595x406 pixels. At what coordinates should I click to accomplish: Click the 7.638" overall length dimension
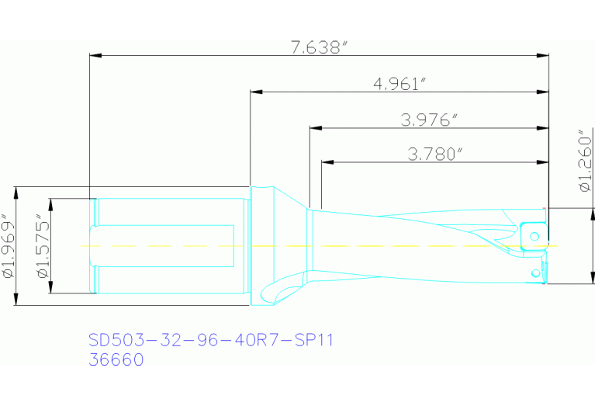[317, 47]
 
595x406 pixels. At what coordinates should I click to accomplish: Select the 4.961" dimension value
[400, 83]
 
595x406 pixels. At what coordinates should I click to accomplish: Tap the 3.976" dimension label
[429, 120]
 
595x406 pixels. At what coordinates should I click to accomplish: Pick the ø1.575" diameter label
[43, 247]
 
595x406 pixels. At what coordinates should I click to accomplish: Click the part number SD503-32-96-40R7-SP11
[210, 340]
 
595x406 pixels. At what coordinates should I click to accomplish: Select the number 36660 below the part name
[116, 360]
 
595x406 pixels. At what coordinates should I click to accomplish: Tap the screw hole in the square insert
[533, 234]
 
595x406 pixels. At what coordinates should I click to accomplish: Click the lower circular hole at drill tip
[534, 272]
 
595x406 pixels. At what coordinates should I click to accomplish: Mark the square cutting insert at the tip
[533, 234]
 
